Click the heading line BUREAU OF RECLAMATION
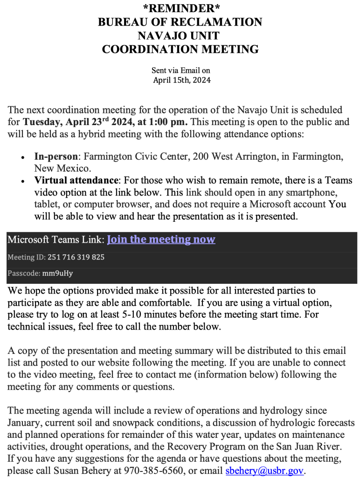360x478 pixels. [180, 21]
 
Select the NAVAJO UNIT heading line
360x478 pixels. [180, 35]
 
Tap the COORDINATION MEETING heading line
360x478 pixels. [180, 49]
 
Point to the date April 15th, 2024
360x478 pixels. [182, 80]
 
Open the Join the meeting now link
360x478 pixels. [161, 239]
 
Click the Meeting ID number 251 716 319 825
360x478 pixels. [76, 257]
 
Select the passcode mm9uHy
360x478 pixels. [57, 273]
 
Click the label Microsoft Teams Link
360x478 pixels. [55, 240]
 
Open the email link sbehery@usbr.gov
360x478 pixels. [264, 471]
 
